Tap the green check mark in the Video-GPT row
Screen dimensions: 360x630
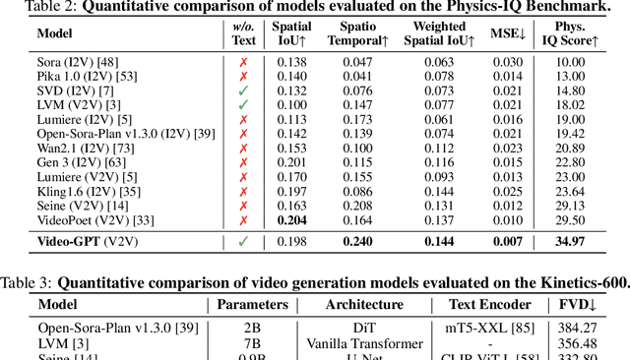[243, 241]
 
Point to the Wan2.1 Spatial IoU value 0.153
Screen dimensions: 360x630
[293, 149]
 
